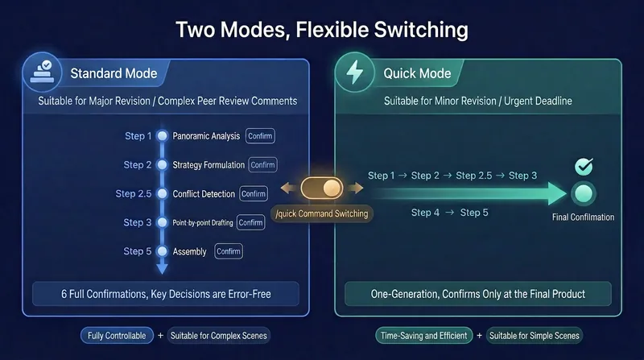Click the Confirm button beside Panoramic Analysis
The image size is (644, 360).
click(x=260, y=136)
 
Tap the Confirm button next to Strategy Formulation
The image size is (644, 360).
click(x=263, y=165)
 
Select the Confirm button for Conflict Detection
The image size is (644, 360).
click(x=254, y=193)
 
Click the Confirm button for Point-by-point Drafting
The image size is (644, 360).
click(x=250, y=222)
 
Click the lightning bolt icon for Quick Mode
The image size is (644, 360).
click(x=355, y=72)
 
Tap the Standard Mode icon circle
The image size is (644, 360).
click(x=43, y=72)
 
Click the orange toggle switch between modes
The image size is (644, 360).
click(x=321, y=188)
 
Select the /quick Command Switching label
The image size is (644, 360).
click(x=322, y=213)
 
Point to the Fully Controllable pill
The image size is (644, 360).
click(x=117, y=336)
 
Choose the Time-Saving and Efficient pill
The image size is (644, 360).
click(x=424, y=336)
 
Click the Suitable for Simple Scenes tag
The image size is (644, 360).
click(x=535, y=336)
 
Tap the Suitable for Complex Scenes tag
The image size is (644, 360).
click(x=218, y=336)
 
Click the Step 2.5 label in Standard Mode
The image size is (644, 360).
click(x=134, y=193)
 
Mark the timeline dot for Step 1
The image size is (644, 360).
click(x=163, y=135)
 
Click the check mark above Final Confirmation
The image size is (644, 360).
click(x=584, y=166)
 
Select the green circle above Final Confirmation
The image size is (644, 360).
click(x=584, y=193)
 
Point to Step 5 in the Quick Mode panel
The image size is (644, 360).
click(x=474, y=213)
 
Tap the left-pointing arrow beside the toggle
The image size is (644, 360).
click(x=288, y=188)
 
